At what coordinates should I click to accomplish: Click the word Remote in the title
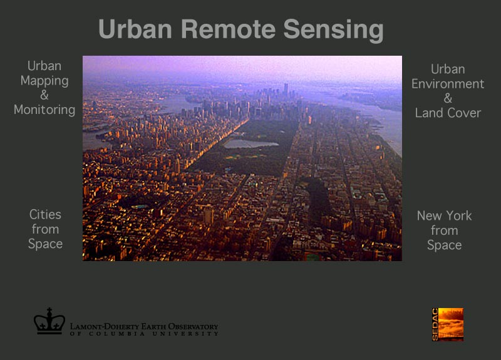(228, 29)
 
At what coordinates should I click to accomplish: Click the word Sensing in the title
(333, 30)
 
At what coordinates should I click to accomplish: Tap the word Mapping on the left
(44, 81)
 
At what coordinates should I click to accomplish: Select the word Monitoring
(44, 110)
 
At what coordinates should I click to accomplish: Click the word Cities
(45, 214)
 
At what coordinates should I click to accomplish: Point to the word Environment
(448, 84)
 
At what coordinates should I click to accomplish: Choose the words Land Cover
(448, 113)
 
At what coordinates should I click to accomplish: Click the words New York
(444, 215)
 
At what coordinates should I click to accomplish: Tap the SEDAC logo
(447, 324)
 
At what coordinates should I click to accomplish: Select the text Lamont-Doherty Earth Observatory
(144, 326)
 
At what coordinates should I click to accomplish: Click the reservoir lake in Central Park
(250, 144)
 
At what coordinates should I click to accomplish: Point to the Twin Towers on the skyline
(286, 89)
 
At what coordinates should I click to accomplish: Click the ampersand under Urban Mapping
(44, 95)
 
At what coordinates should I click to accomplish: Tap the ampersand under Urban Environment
(448, 98)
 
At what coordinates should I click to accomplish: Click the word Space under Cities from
(45, 244)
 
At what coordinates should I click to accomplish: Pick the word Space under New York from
(444, 245)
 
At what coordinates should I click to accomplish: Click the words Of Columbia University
(144, 334)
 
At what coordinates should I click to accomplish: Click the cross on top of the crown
(49, 310)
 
